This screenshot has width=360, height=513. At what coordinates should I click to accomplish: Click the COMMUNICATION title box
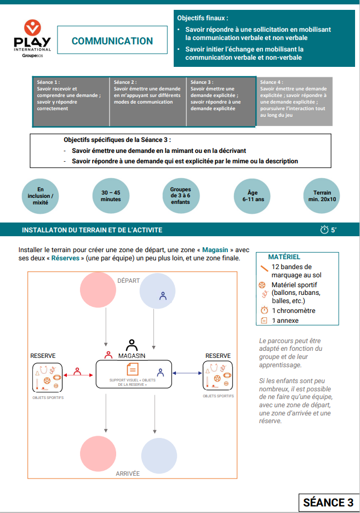pyautogui.click(x=112, y=41)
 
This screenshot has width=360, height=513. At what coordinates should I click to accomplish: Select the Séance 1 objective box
pyautogui.click(x=71, y=102)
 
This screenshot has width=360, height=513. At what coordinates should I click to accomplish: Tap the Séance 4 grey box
pyautogui.click(x=294, y=102)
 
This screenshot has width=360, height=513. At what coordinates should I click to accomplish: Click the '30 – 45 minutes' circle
pyautogui.click(x=111, y=196)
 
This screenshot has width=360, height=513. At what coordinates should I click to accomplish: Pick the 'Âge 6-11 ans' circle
pyautogui.click(x=253, y=196)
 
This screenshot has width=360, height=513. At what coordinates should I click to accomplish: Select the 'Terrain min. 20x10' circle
pyautogui.click(x=322, y=196)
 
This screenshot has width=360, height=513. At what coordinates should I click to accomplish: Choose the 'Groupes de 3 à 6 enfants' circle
pyautogui.click(x=180, y=196)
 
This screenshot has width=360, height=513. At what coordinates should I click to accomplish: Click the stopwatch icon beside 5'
pyautogui.click(x=324, y=230)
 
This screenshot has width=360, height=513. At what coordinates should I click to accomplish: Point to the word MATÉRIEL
pyautogui.click(x=284, y=256)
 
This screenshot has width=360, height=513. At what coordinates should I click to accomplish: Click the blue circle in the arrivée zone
pyautogui.click(x=159, y=455)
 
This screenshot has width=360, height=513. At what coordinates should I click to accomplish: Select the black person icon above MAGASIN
pyautogui.click(x=132, y=345)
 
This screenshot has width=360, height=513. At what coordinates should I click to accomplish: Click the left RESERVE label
pyautogui.click(x=43, y=356)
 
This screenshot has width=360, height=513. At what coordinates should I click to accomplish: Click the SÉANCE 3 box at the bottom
pyautogui.click(x=328, y=503)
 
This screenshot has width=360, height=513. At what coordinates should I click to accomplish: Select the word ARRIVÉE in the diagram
pyautogui.click(x=128, y=474)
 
